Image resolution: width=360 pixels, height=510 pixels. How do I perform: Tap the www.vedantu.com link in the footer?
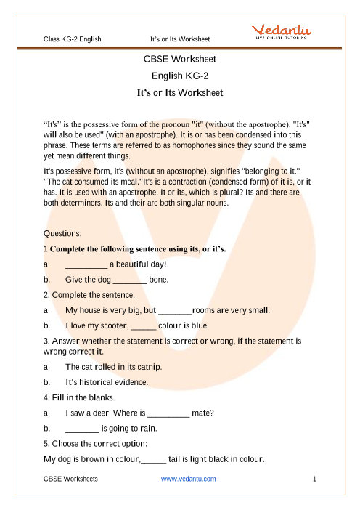(x=189, y=479)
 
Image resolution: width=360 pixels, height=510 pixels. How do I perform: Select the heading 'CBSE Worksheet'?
(x=180, y=59)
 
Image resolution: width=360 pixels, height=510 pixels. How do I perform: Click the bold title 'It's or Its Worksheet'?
(x=180, y=93)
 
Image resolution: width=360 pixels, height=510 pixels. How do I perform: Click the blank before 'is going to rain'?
(x=81, y=429)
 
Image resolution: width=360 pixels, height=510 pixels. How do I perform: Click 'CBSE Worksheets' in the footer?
(x=71, y=479)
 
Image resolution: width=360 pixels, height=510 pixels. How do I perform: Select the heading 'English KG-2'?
(x=180, y=76)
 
